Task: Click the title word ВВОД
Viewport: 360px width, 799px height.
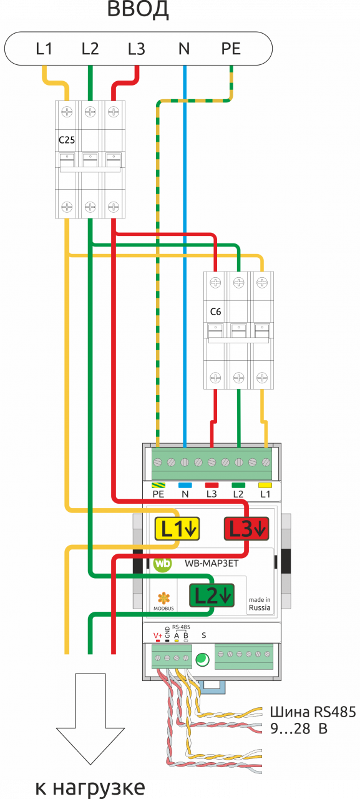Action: [138, 9]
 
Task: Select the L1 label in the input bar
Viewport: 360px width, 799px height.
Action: [44, 49]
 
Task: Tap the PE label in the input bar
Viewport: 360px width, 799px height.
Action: [231, 49]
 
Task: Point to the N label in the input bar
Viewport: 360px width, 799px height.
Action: [184, 49]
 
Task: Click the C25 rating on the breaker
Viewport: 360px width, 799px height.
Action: [67, 140]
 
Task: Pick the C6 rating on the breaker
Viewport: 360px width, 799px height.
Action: [216, 311]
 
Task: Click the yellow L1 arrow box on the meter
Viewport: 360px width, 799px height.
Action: [177, 529]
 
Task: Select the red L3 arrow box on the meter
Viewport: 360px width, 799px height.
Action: [246, 529]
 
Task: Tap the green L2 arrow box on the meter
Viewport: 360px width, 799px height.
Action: [212, 595]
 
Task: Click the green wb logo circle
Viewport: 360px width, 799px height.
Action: [163, 563]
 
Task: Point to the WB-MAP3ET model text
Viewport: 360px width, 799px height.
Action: [212, 564]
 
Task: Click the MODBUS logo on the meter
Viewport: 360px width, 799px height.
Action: [163, 602]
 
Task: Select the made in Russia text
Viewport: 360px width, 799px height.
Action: [260, 604]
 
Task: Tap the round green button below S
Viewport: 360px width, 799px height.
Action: [202, 660]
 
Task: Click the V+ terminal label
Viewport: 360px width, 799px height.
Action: [158, 635]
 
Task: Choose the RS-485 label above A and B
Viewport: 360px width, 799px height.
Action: [181, 627]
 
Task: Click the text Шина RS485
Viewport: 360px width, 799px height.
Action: [313, 712]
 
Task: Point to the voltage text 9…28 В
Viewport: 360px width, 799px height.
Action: [299, 728]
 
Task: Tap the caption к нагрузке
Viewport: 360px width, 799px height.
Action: [90, 788]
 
